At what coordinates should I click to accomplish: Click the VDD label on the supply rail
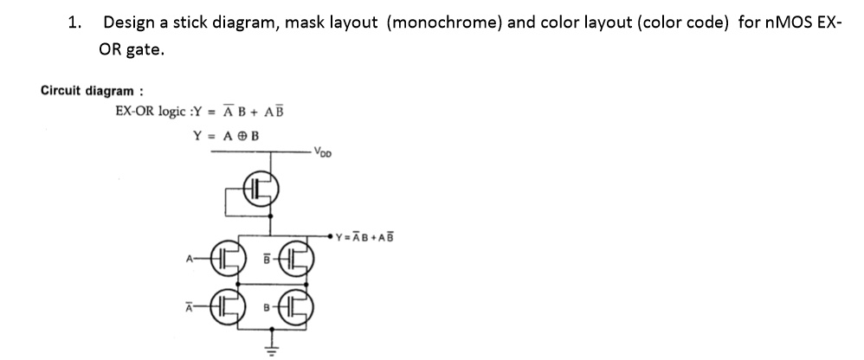(x=323, y=157)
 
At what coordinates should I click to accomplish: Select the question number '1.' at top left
(x=75, y=22)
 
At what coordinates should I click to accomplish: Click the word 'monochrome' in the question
(x=445, y=22)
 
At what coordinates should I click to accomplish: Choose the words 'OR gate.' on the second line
(x=131, y=50)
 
